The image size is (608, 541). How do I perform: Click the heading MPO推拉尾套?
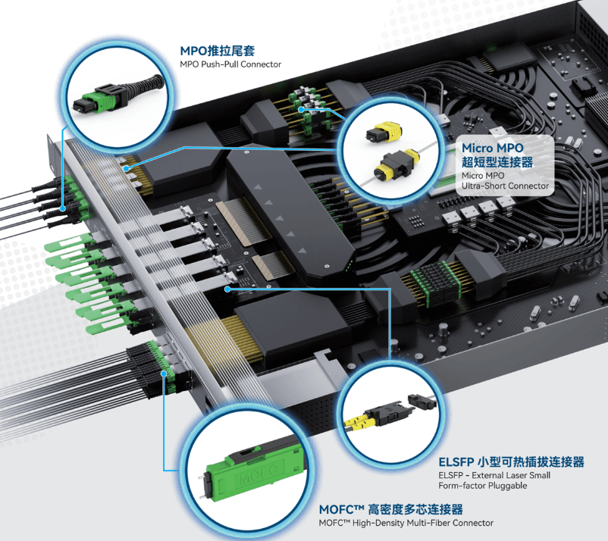pyautogui.click(x=217, y=51)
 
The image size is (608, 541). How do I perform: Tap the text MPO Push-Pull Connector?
pyautogui.click(x=230, y=64)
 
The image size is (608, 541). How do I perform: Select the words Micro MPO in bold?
pyautogui.click(x=493, y=148)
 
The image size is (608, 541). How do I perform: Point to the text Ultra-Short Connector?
pyautogui.click(x=505, y=186)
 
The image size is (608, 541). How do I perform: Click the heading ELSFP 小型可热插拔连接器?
pyautogui.click(x=511, y=462)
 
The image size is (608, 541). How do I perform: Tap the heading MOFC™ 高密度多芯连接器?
pyautogui.click(x=391, y=509)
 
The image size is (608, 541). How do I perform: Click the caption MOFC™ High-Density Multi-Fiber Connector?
pyautogui.click(x=406, y=523)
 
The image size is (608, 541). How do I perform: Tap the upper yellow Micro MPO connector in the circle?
pyautogui.click(x=383, y=131)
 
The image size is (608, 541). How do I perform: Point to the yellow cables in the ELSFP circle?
pyautogui.click(x=359, y=421)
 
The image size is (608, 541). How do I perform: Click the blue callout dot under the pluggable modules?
pyautogui.click(x=227, y=289)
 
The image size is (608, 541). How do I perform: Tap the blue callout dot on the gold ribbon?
pyautogui.click(x=126, y=168)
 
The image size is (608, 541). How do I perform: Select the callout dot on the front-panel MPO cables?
pyautogui.click(x=62, y=208)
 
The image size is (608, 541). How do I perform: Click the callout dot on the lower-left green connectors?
pyautogui.click(x=164, y=374)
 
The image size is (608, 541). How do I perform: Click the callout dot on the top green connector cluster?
pyautogui.click(x=301, y=109)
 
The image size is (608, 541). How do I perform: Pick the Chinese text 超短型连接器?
pyautogui.click(x=497, y=162)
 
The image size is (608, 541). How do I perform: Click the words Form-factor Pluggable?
pyautogui.click(x=483, y=486)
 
